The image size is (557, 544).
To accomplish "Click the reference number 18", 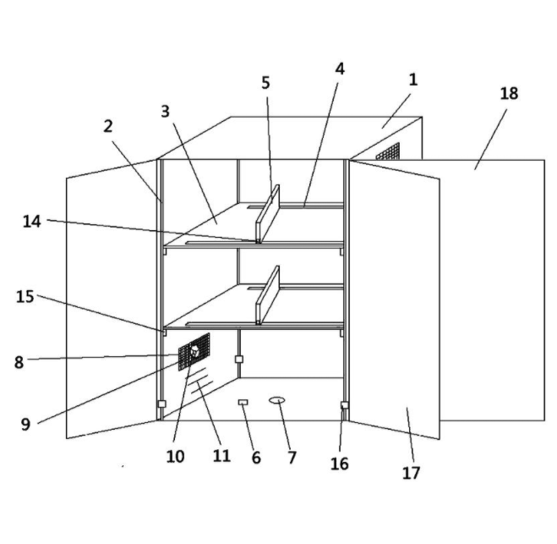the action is point(509,94).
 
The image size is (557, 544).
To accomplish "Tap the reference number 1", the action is point(412,80).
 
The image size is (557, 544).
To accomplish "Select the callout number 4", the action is point(340,69).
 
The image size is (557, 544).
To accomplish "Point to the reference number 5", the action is point(265,83).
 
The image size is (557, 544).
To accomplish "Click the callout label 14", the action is point(31,222).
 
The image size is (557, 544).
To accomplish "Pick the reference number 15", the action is point(25,296).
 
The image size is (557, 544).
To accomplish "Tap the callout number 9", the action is point(25,424).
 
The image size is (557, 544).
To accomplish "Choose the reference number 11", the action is point(221,455).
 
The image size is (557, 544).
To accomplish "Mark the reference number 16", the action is point(339,464).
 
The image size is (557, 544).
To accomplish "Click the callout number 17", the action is point(411,473).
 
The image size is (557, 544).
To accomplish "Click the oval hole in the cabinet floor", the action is point(276,400).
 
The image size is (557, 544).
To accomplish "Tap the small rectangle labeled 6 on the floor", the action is point(243,402).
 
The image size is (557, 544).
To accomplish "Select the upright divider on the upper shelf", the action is point(267,214).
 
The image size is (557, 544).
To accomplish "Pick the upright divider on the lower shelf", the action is point(267,295).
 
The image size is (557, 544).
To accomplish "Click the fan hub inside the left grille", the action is point(194,351).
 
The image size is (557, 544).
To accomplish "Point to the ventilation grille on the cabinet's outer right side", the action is point(388,151).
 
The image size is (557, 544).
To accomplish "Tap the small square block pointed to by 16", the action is point(344,405).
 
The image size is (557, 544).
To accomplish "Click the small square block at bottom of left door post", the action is point(161,404).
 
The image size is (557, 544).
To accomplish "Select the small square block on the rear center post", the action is point(239,359).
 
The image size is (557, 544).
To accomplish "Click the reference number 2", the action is point(108,126).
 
